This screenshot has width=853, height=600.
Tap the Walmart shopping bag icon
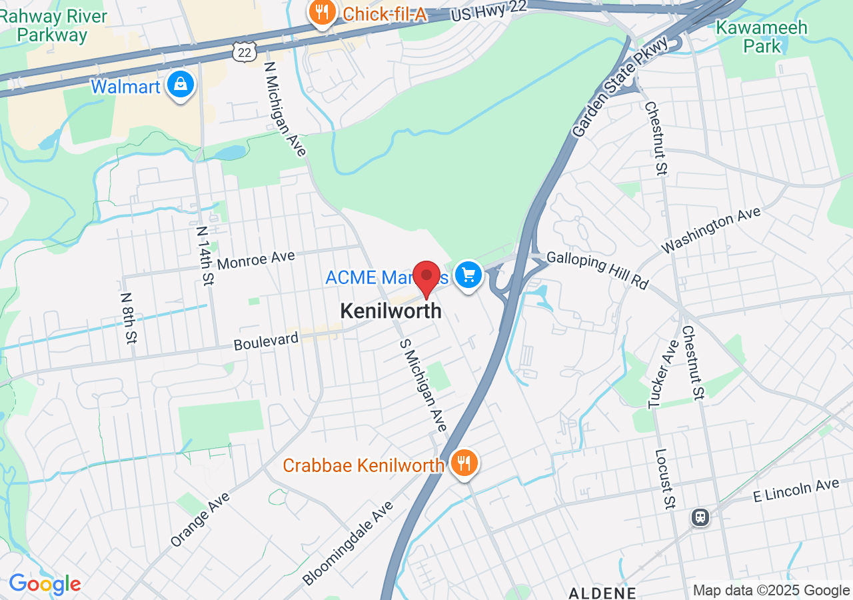coord(181,85)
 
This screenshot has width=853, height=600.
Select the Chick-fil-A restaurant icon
coord(322,13)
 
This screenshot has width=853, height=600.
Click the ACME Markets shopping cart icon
coord(468,274)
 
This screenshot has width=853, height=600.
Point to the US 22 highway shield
coord(245,50)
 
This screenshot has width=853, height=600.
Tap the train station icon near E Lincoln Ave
coord(700,516)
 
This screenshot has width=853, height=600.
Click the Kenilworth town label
coord(391,311)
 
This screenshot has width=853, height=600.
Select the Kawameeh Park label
coord(761,37)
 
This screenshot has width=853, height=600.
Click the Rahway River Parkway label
coord(53,25)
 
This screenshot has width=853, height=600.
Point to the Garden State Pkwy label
coord(620,87)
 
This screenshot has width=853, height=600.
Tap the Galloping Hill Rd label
coord(598,270)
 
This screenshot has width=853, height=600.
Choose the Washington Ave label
coord(711,230)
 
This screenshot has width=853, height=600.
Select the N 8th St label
coord(129,317)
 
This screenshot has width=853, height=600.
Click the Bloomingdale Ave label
coord(347,543)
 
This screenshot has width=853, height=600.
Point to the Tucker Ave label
coord(664,373)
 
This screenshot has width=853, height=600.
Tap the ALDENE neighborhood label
coord(602,592)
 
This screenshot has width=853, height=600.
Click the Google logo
coord(45,585)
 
